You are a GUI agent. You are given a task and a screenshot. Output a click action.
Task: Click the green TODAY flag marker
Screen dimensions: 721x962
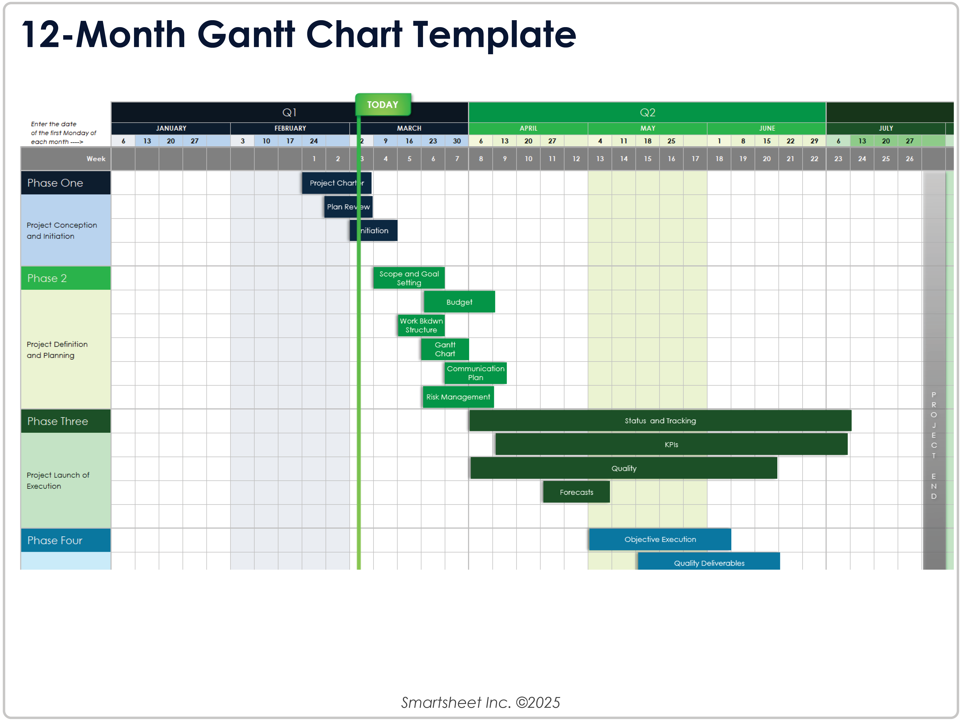[383, 105]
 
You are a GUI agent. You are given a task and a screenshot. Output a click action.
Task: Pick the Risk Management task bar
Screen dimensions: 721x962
[458, 397]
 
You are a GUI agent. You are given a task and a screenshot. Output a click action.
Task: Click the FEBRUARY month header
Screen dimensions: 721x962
[290, 128]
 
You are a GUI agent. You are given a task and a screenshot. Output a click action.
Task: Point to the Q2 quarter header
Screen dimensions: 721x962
[647, 113]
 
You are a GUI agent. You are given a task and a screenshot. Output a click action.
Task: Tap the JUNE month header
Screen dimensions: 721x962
[767, 128]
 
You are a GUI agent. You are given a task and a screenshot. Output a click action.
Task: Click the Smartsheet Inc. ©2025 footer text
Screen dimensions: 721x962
[481, 702]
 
